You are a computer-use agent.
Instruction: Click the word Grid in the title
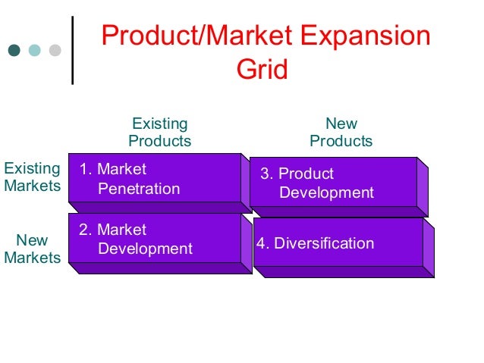pyautogui.click(x=262, y=70)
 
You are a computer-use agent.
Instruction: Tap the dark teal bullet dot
pyautogui.click(x=14, y=52)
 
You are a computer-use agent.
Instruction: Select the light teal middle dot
pyautogui.click(x=34, y=52)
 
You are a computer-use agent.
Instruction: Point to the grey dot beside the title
pyautogui.click(x=55, y=52)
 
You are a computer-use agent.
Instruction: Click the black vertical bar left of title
pyautogui.click(x=73, y=49)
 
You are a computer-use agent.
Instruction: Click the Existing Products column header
pyautogui.click(x=159, y=133)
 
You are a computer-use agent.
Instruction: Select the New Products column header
pyautogui.click(x=341, y=133)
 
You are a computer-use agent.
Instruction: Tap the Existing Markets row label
pyautogui.click(x=32, y=177)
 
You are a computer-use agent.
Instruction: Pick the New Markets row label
pyautogui.click(x=32, y=249)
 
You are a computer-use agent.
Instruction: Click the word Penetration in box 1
pyautogui.click(x=140, y=189)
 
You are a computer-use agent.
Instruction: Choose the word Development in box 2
pyautogui.click(x=146, y=249)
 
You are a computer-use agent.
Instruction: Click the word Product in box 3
pyautogui.click(x=306, y=174)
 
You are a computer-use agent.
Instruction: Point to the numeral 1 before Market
pyautogui.click(x=83, y=169)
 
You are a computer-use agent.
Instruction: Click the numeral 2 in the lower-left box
pyautogui.click(x=83, y=230)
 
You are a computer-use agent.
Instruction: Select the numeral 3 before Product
pyautogui.click(x=265, y=174)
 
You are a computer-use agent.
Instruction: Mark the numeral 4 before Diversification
pyautogui.click(x=261, y=243)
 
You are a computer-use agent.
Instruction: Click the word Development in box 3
pyautogui.click(x=326, y=193)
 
